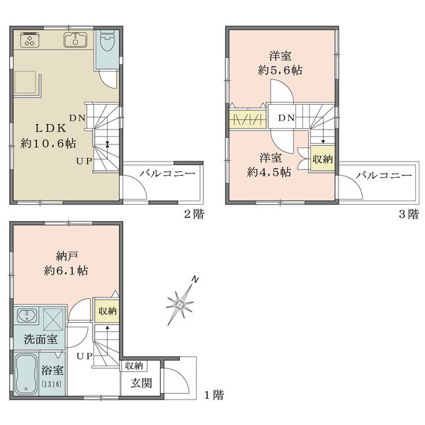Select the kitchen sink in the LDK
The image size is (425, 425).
click(x=74, y=39)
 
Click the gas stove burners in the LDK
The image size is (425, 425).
click(x=32, y=39)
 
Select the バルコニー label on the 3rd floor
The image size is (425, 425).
click(x=383, y=174)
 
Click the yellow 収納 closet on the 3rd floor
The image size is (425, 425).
click(x=322, y=158)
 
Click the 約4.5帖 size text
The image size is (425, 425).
click(x=268, y=171)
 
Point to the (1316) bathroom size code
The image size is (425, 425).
click(x=51, y=384)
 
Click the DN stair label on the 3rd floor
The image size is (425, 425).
click(x=286, y=118)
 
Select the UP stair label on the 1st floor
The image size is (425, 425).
click(x=84, y=355)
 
